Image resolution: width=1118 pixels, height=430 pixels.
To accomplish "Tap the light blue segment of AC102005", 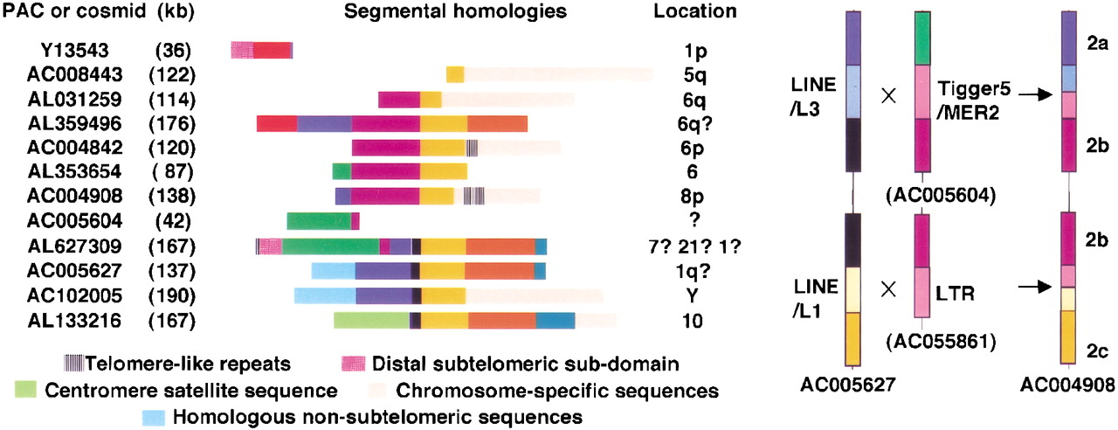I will coord(324,295).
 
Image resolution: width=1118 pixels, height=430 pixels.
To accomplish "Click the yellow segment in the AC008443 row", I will coord(455,74).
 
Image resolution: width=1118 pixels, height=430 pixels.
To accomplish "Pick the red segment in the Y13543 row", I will coord(272,50).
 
